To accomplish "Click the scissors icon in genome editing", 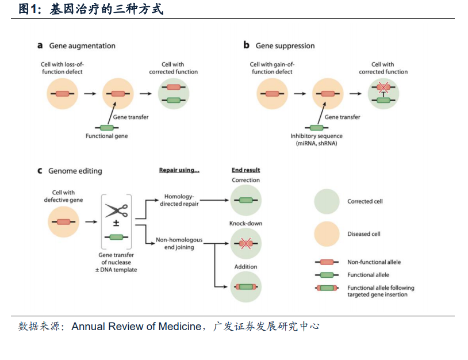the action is [116, 210].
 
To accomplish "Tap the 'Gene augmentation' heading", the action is [82, 45].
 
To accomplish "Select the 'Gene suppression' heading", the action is [285, 45].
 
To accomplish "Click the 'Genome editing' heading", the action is [75, 171].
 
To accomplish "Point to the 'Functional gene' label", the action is [106, 136].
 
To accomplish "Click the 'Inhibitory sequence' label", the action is [316, 136].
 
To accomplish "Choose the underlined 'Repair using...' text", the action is [179, 170].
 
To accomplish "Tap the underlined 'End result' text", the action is [245, 170].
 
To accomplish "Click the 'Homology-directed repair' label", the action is [179, 200].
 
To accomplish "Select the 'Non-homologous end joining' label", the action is [179, 243].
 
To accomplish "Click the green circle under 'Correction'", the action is [246, 200].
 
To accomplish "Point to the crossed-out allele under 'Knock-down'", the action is [246, 244].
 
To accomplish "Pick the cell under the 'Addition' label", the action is [246, 287].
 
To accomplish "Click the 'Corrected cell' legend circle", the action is [327, 201].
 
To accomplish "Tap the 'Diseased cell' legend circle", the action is [327, 234].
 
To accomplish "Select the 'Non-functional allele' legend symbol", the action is [327, 262].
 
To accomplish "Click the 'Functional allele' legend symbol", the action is [327, 275].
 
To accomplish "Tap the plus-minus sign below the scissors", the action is [116, 223].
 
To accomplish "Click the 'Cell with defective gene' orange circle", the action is [64, 222].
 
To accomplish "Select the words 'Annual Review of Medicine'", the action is [136, 326].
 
